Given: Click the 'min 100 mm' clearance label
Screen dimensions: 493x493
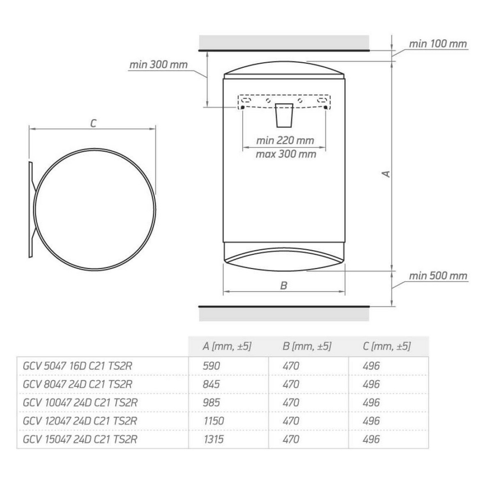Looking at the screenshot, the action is pyautogui.click(x=438, y=44).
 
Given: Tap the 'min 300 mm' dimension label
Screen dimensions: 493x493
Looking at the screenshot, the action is pyautogui.click(x=159, y=65).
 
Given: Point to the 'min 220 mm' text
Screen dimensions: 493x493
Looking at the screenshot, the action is pyautogui.click(x=285, y=141).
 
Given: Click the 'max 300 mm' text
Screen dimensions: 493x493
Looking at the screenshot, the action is pyautogui.click(x=286, y=154).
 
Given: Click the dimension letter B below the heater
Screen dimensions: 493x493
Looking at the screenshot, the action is pyautogui.click(x=284, y=286).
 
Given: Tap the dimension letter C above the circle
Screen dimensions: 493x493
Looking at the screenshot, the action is pyautogui.click(x=93, y=124).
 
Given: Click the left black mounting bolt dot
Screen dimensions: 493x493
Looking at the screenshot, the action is pyautogui.click(x=242, y=107).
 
